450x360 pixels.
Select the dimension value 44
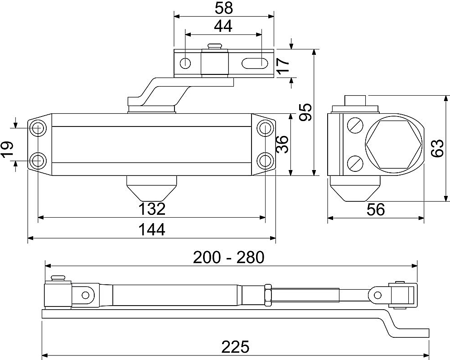[223, 26]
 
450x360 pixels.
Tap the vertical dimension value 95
[306, 112]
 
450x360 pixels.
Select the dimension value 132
[151, 209]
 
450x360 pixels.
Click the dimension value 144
[151, 229]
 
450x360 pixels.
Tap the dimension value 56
[375, 209]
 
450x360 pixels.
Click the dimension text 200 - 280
[228, 258]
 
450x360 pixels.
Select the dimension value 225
[235, 347]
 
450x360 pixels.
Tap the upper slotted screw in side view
[355, 125]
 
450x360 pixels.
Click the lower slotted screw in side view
[355, 162]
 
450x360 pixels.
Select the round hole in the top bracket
[186, 63]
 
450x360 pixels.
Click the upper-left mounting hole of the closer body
[38, 128]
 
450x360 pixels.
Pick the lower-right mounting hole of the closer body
[265, 160]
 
